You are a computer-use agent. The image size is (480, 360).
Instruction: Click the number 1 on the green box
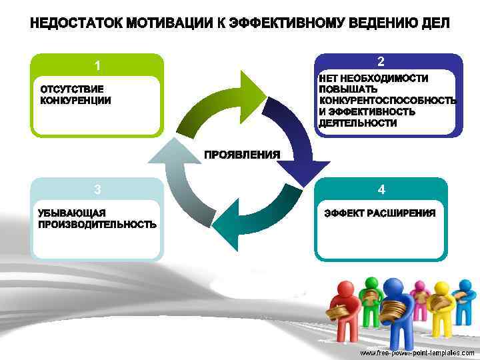click(x=97, y=66)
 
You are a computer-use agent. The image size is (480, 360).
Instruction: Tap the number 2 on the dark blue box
click(x=381, y=62)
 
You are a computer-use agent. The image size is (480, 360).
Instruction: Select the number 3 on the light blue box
click(x=97, y=189)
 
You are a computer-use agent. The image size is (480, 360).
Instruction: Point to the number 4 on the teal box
click(x=381, y=190)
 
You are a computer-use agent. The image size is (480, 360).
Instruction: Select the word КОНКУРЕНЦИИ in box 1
click(x=75, y=101)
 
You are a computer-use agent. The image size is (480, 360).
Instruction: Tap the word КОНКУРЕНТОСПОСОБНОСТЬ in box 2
click(x=387, y=101)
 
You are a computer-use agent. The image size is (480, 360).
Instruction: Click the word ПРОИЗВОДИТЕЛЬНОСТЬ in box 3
click(x=97, y=225)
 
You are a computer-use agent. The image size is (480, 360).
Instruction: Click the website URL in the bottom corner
click(x=417, y=351)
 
